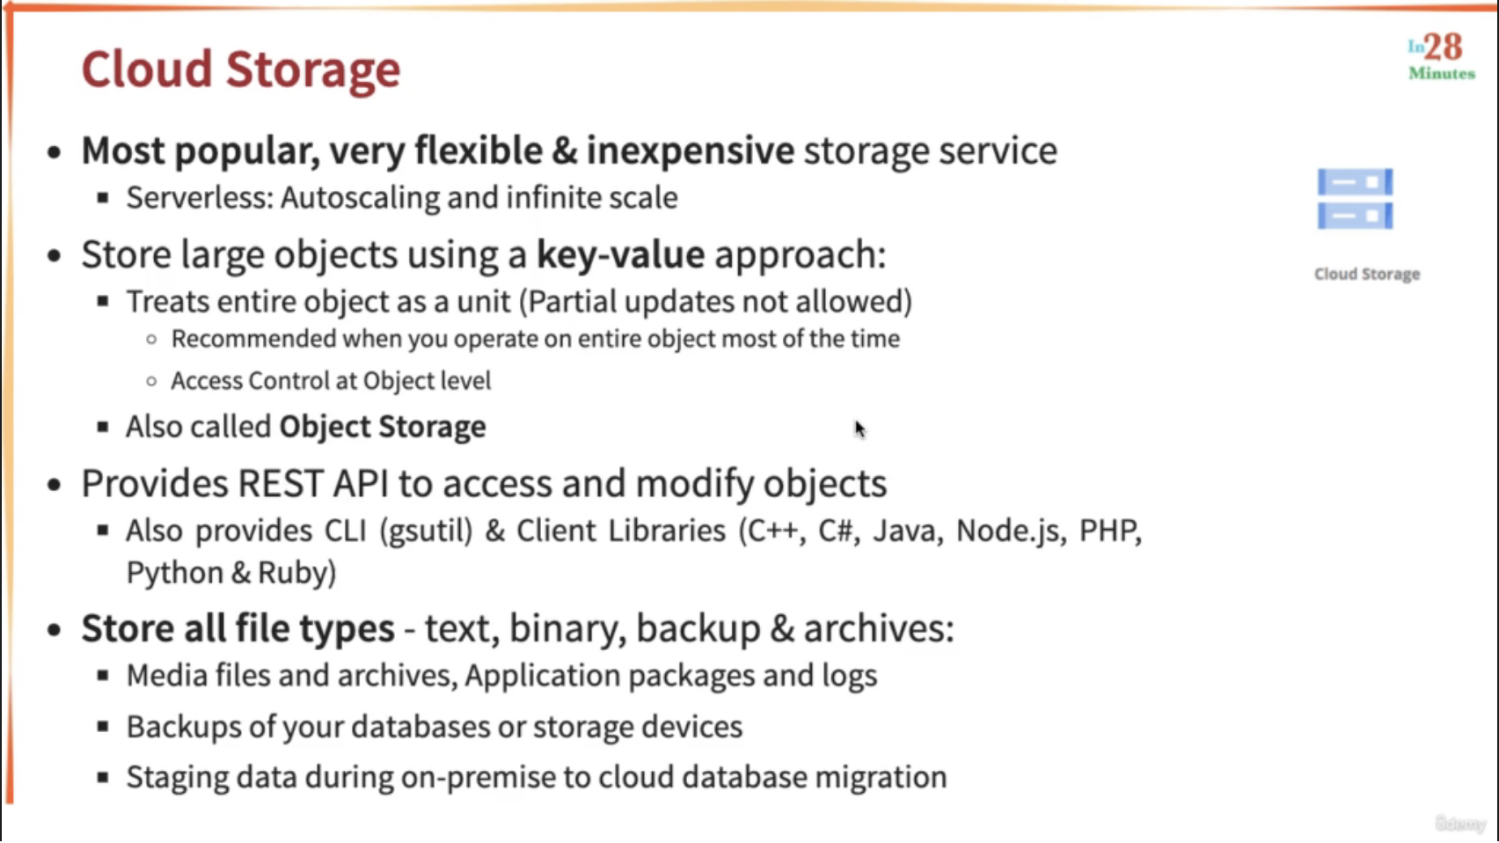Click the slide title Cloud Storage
[241, 70]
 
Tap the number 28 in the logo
[1444, 47]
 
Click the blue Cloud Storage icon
[1355, 199]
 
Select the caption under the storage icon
[1367, 274]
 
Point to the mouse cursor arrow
[859, 429]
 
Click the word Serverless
[200, 197]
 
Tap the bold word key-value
[620, 254]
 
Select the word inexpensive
[690, 150]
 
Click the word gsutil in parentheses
[427, 531]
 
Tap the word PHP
[1110, 531]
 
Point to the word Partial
[572, 301]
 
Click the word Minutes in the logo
[1442, 74]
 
